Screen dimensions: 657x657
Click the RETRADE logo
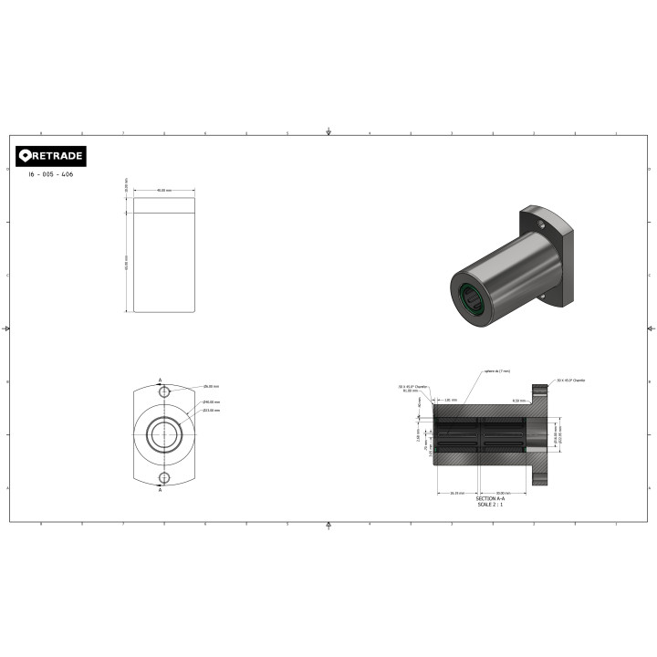click(51, 156)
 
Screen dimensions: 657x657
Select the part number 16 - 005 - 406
click(51, 174)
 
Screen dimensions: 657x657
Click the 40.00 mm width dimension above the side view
click(164, 191)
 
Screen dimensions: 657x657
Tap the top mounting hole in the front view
click(164, 391)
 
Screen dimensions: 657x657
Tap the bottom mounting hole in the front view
click(164, 477)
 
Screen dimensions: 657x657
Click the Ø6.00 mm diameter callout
click(212, 387)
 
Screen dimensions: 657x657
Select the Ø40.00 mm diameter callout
click(212, 402)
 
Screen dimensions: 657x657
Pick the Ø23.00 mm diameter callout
click(212, 411)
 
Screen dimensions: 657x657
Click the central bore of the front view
click(164, 434)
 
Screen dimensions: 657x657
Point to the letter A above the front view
click(161, 378)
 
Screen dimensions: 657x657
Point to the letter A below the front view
click(161, 490)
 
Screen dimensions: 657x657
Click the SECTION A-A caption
click(490, 499)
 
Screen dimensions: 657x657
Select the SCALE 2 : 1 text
click(490, 505)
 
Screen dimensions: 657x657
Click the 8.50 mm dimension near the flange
click(518, 401)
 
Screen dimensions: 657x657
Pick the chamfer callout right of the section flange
click(571, 380)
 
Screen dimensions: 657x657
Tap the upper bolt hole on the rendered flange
click(540, 224)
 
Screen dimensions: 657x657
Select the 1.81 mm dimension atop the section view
click(451, 400)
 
